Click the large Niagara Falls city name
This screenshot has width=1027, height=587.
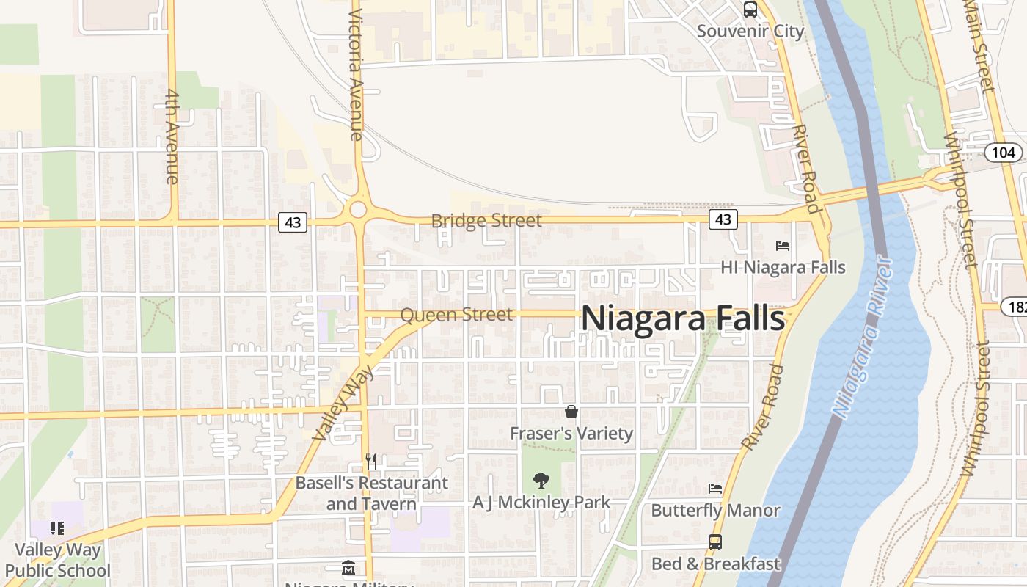coord(683,318)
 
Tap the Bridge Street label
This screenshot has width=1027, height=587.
coord(486,220)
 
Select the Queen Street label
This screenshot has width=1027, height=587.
coord(456,315)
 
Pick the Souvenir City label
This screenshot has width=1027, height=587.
coord(750,32)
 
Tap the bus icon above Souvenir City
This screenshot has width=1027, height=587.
coord(750,10)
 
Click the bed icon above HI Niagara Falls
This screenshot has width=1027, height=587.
coord(783,246)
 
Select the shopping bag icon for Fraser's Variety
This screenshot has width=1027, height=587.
coord(571,412)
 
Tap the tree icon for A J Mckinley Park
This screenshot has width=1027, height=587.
coord(541,481)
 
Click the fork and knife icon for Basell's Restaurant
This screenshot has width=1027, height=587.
coord(371,461)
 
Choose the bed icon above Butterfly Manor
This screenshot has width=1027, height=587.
coord(715,489)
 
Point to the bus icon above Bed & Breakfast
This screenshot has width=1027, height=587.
coord(715,542)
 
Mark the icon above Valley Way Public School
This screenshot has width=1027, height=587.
coord(57,528)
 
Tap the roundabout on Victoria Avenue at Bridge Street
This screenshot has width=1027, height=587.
coord(358,210)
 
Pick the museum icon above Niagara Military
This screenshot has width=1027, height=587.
coord(348,568)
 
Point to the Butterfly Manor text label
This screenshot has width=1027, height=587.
coord(715,510)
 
